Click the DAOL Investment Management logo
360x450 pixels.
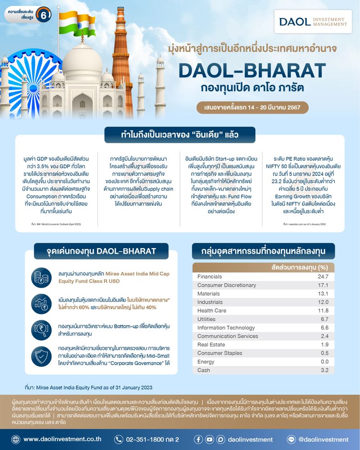[313, 22]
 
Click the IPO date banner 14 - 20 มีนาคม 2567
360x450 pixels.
[252, 108]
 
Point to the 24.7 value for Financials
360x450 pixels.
[323, 276]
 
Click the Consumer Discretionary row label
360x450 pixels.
[227, 286]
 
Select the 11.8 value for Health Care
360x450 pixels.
[323, 311]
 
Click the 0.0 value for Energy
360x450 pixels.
[324, 362]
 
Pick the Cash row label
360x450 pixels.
[204, 370]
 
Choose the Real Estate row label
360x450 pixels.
[212, 345]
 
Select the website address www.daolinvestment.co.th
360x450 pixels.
[62, 439]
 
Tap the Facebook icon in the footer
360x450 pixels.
[198, 439]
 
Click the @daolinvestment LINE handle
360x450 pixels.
[323, 439]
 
